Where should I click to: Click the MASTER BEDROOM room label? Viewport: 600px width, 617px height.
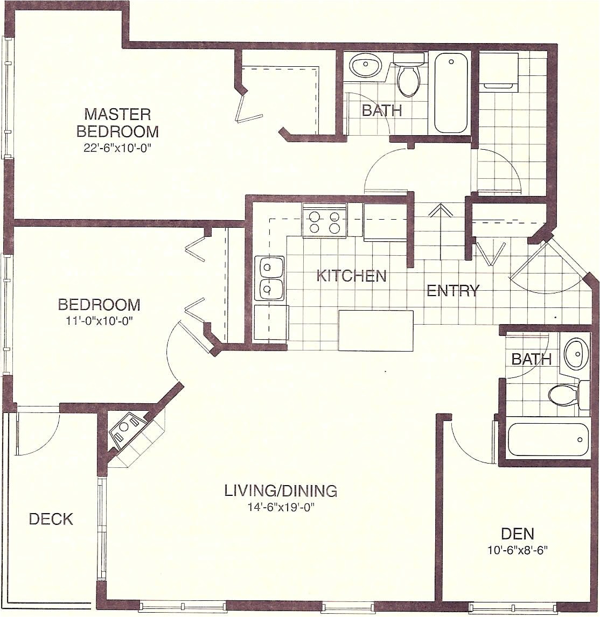coord(117,123)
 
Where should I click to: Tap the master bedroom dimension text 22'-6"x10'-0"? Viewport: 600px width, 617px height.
coord(117,149)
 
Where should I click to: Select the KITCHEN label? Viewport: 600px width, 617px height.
coord(351,276)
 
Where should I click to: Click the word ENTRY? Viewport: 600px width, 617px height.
coord(452,291)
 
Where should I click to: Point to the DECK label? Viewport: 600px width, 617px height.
coord(51,519)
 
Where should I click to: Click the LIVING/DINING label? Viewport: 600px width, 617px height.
coord(281,490)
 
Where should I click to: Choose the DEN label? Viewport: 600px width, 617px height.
coord(517,534)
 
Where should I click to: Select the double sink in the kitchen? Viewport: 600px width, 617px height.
coord(269,278)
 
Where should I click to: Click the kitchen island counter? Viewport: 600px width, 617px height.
coord(375,330)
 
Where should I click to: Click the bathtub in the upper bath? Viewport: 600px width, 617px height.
coord(451,93)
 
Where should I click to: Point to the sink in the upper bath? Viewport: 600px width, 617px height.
coord(366,67)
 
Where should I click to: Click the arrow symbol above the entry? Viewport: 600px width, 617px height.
coord(439,211)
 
